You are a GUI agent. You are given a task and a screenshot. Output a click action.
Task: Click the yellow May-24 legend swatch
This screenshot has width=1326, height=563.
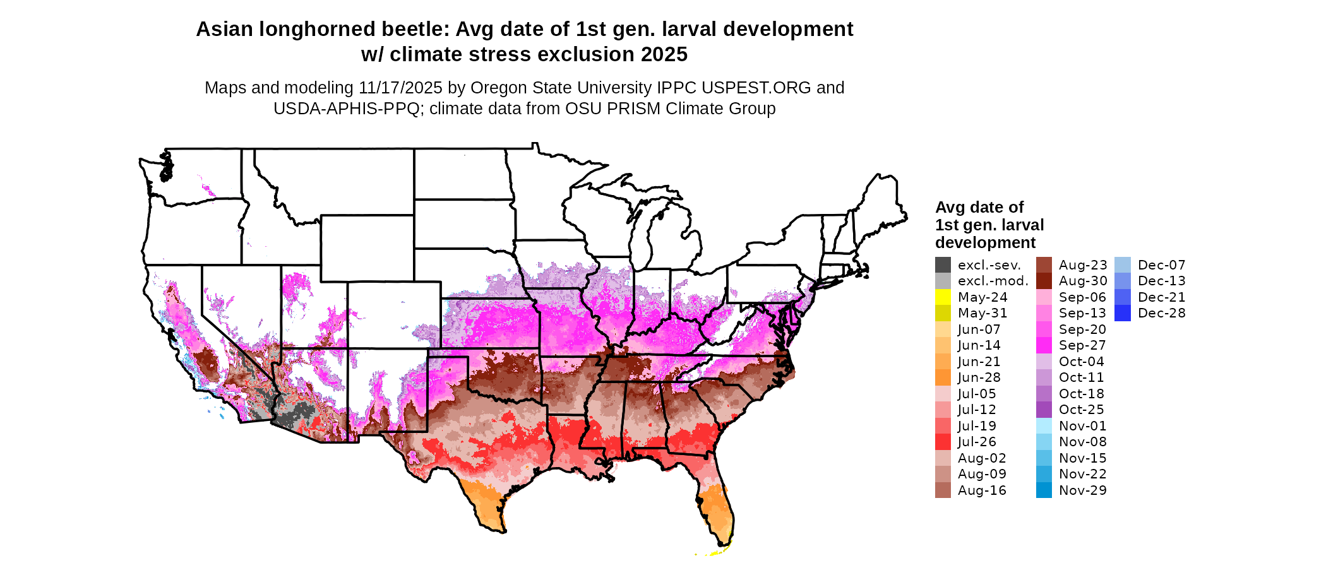pos(943,297)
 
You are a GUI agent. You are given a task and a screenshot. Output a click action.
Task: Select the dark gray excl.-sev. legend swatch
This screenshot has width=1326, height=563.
pos(943,264)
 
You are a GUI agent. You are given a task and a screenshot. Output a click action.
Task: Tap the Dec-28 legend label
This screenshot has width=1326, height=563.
pos(1162,313)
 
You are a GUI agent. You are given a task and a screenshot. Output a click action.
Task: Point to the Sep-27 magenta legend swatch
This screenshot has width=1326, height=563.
pos(1044,345)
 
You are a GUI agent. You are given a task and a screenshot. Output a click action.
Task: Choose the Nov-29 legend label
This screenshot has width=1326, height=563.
pos(1083,490)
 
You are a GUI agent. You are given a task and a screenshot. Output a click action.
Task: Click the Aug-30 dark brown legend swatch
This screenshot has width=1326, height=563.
pos(1044,281)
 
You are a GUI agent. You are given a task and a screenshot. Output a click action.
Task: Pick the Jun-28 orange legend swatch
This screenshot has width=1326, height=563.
pos(943,377)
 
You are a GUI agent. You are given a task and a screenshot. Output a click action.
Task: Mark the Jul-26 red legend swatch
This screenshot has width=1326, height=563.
pos(943,442)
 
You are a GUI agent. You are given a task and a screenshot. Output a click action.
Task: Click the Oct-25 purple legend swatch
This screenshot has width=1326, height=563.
pos(1044,410)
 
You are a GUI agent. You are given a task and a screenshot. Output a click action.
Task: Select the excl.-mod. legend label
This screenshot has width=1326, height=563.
pos(993,281)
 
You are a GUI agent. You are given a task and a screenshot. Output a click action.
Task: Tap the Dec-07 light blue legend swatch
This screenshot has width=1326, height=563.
pos(1122,264)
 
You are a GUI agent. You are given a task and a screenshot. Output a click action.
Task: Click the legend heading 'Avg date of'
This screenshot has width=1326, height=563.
pos(979,207)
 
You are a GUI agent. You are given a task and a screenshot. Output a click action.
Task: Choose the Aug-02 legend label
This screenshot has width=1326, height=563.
pos(982,458)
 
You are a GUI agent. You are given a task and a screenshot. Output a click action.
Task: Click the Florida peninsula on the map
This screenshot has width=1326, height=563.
pos(719,508)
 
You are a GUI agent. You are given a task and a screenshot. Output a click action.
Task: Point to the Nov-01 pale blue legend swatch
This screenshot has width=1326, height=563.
pos(1044,426)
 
